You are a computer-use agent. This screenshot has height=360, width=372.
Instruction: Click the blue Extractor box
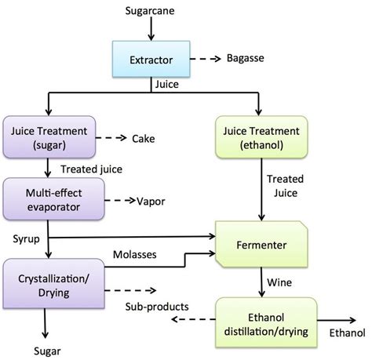point(151,59)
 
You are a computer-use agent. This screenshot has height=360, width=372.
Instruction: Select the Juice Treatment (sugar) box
point(49,137)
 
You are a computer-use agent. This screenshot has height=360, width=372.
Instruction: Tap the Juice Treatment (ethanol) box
point(261,137)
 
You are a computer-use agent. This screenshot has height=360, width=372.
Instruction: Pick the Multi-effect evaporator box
point(53,199)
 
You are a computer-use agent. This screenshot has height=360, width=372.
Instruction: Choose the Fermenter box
point(261,244)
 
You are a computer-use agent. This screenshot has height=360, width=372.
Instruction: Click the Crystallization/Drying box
point(53,284)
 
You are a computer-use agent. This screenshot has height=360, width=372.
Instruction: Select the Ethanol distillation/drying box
point(266,322)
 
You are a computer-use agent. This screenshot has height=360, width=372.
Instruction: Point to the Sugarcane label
point(150,11)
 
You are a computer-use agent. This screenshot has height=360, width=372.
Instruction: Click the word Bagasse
point(245,58)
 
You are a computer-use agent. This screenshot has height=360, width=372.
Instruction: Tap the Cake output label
point(143,139)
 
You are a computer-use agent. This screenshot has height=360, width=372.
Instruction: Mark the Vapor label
point(151,202)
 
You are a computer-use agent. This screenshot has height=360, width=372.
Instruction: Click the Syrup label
point(26,239)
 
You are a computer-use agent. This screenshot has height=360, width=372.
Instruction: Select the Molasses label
point(135,254)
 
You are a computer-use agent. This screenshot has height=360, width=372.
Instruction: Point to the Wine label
point(279,282)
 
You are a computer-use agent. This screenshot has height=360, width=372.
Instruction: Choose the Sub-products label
point(157,307)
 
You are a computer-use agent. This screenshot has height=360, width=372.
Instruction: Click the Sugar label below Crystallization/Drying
point(47,351)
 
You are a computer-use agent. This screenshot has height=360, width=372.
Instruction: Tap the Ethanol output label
point(347,333)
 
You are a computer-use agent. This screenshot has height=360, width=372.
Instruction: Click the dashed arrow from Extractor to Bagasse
point(206,59)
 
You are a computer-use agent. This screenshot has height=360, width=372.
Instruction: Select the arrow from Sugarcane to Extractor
point(151,29)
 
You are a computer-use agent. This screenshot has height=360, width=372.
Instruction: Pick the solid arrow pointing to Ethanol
point(337,320)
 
